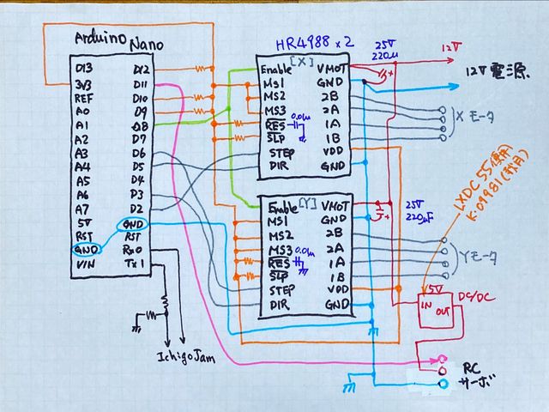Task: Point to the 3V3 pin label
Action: click(84, 84)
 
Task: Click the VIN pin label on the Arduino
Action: click(84, 265)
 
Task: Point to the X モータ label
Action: click(470, 123)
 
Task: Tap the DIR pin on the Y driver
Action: click(280, 305)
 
